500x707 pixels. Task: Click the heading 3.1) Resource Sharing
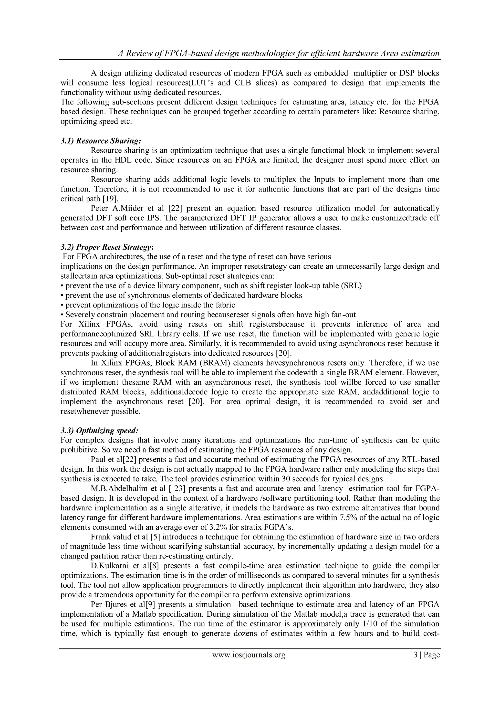[101, 141]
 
